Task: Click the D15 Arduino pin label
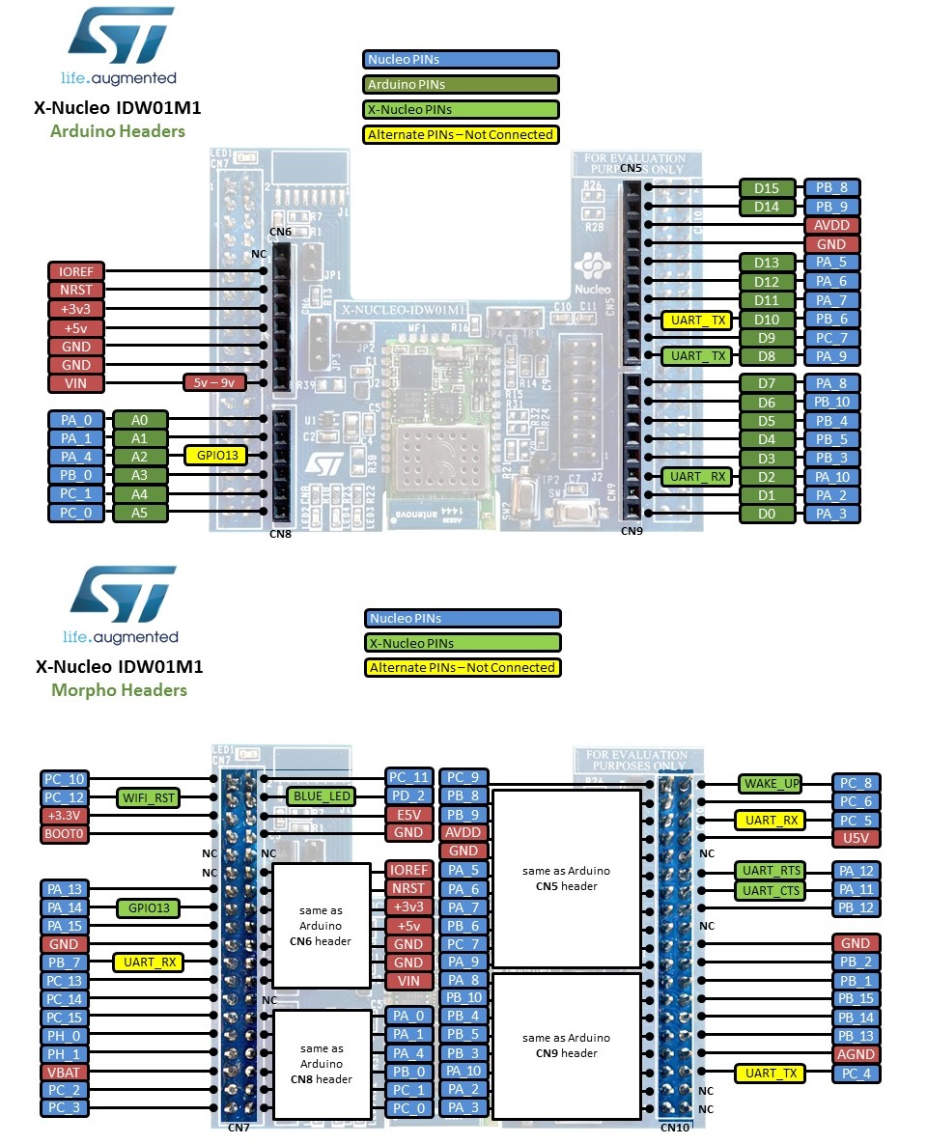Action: (767, 188)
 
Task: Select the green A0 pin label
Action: (140, 420)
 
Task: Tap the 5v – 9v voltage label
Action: (214, 383)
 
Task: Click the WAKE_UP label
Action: (770, 784)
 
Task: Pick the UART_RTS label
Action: (770, 871)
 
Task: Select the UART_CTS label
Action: (770, 890)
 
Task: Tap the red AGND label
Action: (857, 1054)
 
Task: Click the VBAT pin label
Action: (65, 1073)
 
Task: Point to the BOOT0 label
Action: (65, 834)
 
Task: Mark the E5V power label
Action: (408, 815)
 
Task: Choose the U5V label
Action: (857, 838)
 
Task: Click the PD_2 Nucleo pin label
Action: (408, 796)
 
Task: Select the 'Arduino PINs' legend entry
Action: (461, 85)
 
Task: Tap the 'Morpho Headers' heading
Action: (119, 690)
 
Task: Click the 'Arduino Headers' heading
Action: (118, 130)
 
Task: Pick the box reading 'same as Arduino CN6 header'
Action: (322, 926)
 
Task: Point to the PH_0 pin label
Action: (65, 1036)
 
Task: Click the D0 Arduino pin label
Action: (767, 515)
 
